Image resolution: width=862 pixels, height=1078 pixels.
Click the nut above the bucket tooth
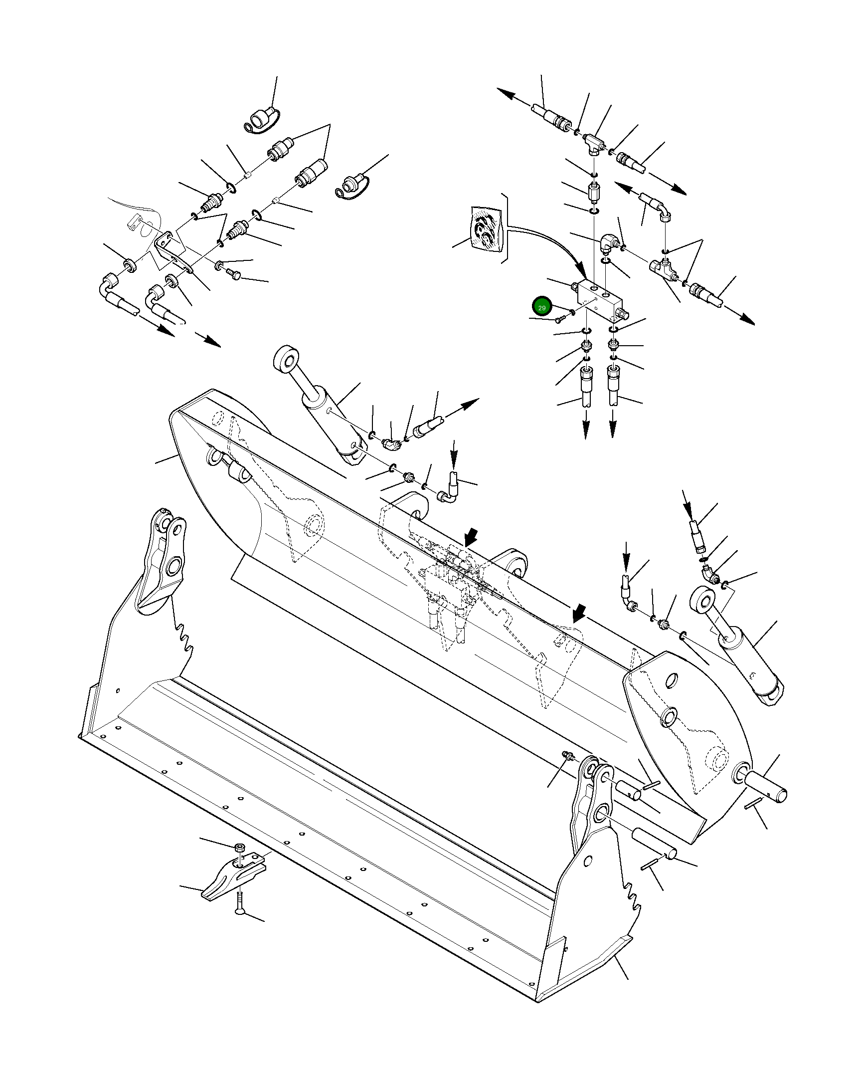tap(240, 847)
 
